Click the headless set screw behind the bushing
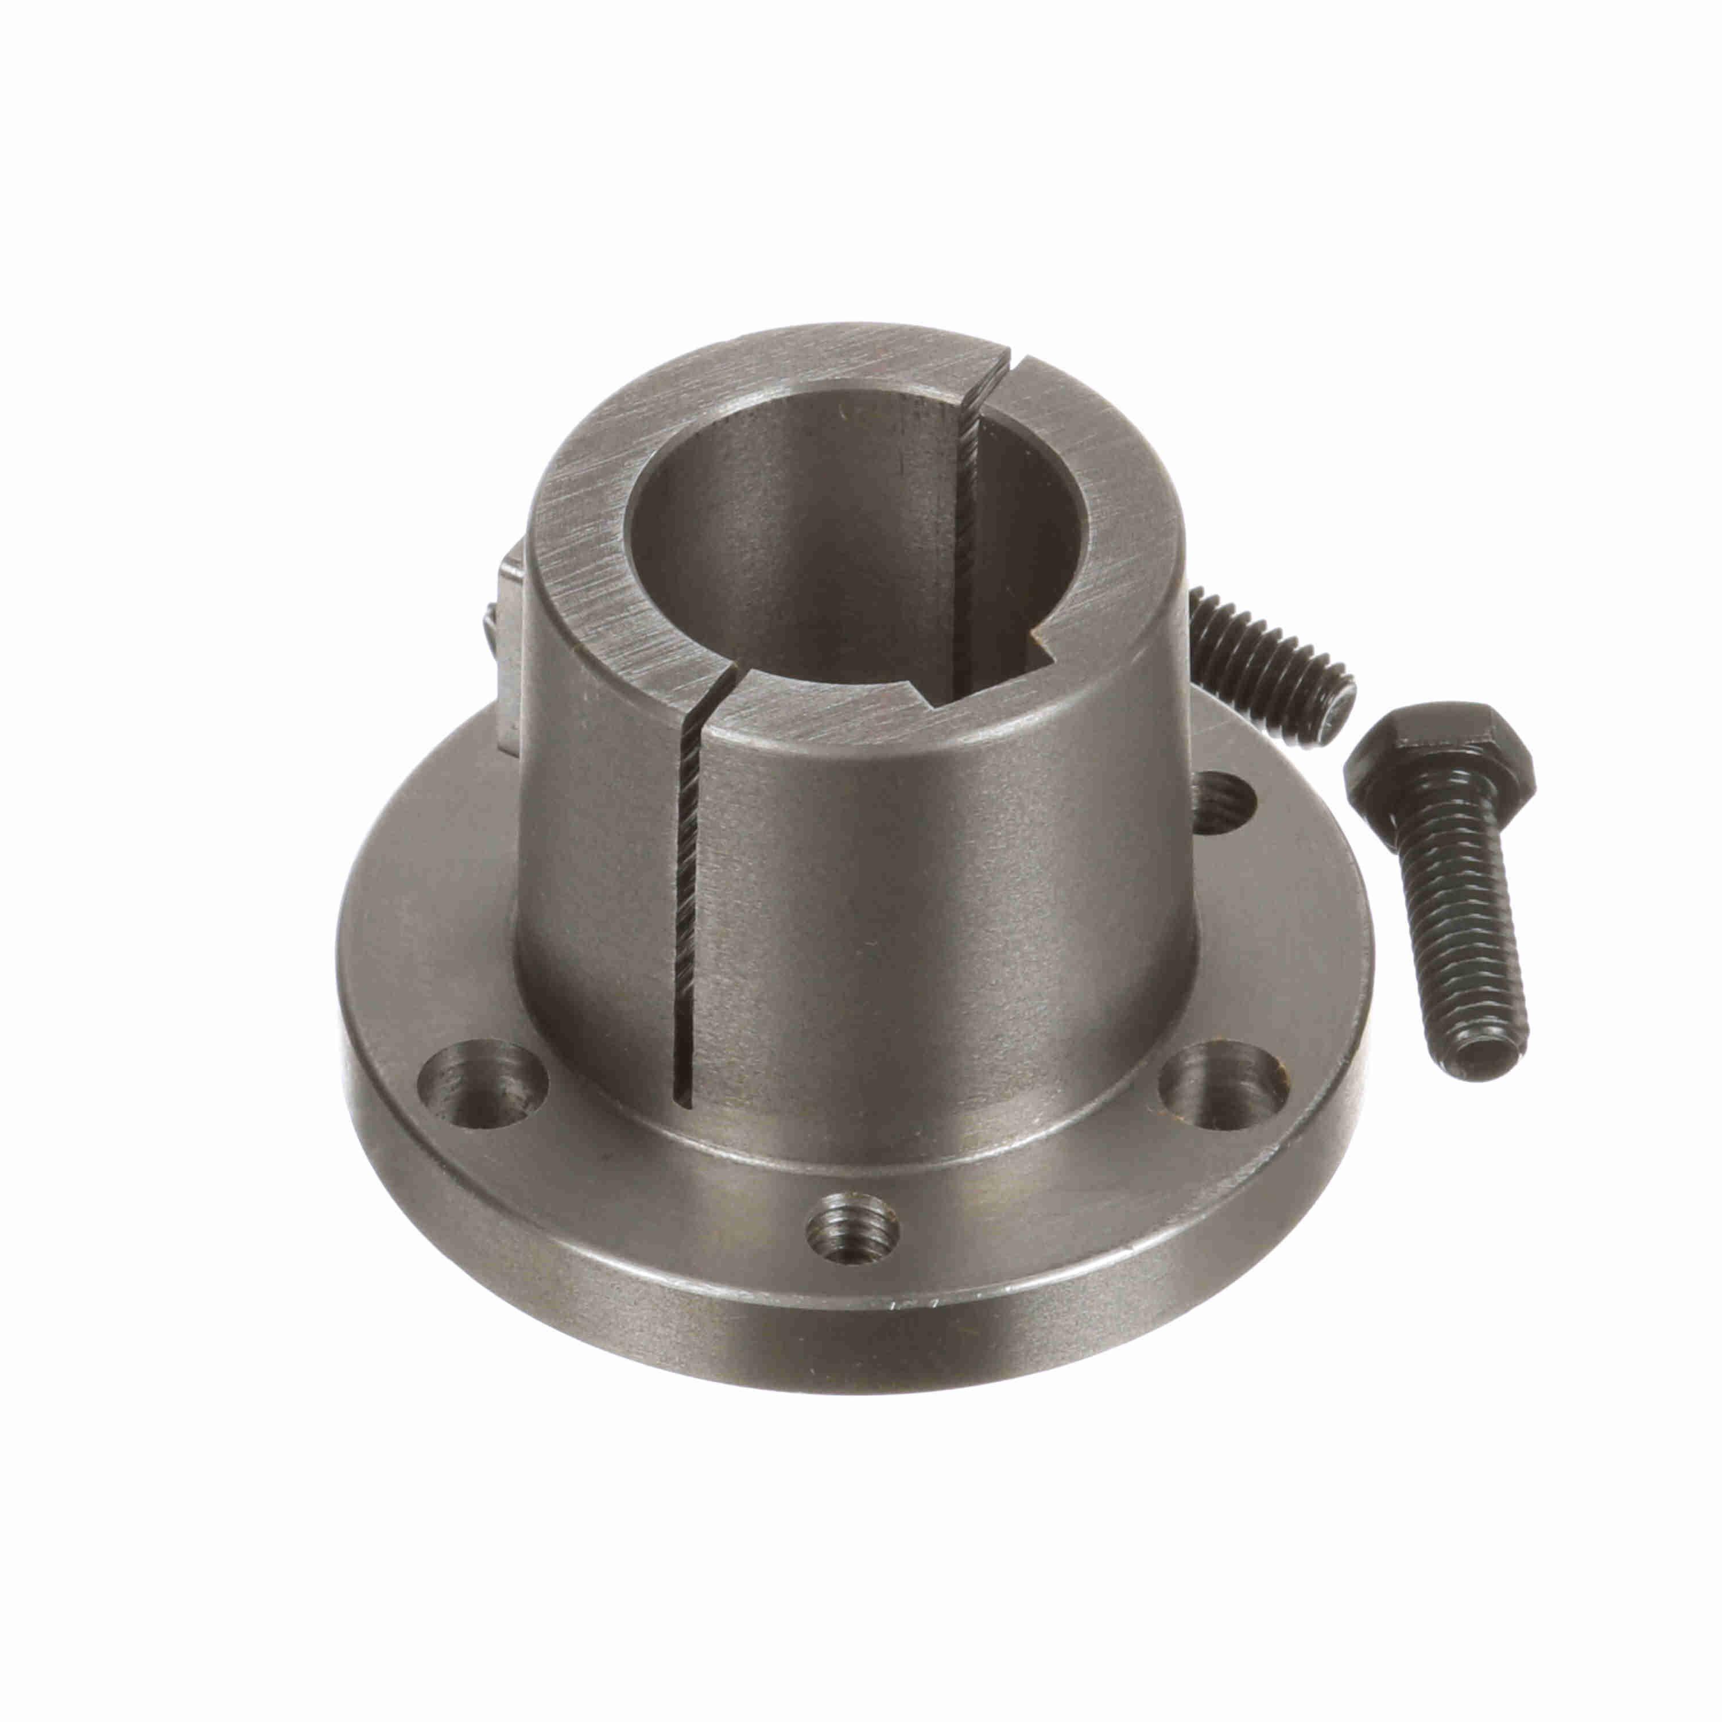tap(1266, 655)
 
